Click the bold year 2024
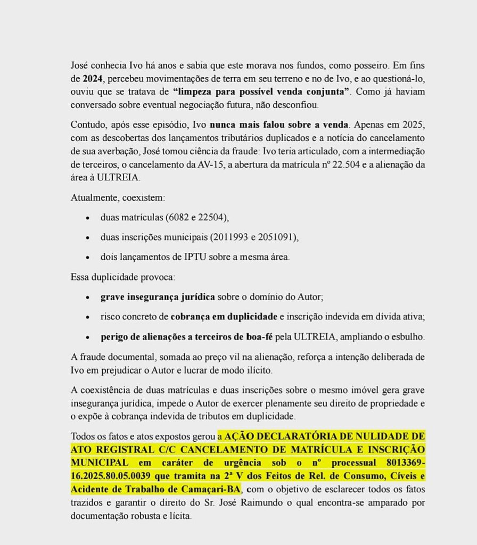coord(93,78)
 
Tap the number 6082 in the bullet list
coord(180,217)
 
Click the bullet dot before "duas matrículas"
coord(87,218)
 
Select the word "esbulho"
coord(408,336)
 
